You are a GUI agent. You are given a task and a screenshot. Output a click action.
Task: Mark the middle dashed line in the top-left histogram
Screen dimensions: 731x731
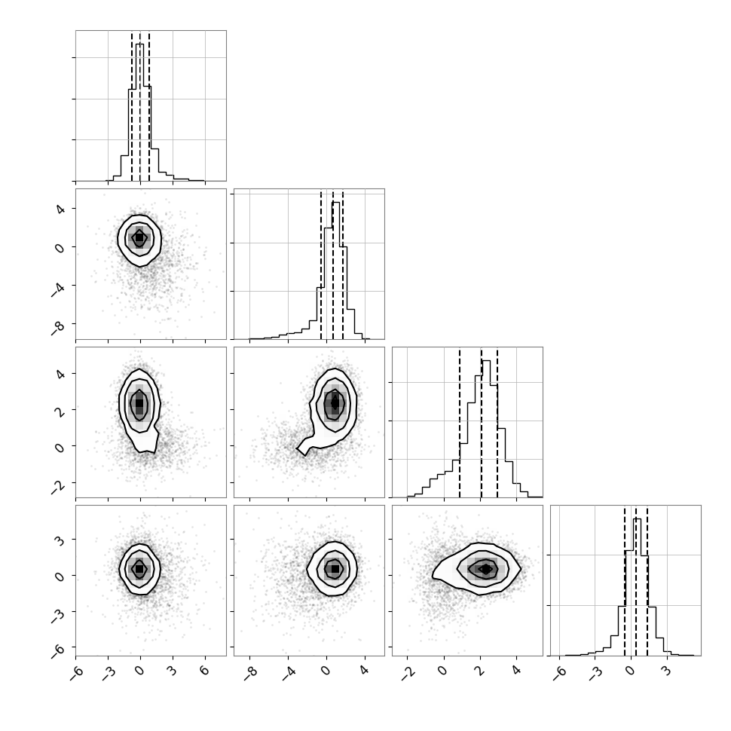pyautogui.click(x=140, y=106)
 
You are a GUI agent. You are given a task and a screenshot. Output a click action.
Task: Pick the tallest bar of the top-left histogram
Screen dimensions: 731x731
pyautogui.click(x=140, y=112)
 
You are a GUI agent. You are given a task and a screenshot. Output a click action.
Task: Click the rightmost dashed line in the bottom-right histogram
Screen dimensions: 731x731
pyautogui.click(x=647, y=581)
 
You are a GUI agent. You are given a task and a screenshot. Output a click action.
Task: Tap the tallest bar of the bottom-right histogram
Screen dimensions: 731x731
pyautogui.click(x=637, y=587)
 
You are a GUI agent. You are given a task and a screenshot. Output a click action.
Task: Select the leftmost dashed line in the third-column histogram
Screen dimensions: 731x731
pyautogui.click(x=460, y=423)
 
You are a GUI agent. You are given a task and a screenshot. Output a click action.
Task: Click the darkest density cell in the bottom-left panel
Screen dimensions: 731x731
pyautogui.click(x=139, y=569)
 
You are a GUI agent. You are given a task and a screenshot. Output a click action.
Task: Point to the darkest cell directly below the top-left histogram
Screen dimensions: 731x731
pyautogui.click(x=139, y=237)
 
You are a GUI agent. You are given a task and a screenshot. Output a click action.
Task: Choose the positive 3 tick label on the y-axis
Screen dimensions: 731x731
pyautogui.click(x=60, y=540)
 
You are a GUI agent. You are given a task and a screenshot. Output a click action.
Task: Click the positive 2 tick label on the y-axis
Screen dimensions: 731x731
pyautogui.click(x=60, y=410)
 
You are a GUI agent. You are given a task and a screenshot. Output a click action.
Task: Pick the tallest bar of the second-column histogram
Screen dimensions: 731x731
pyautogui.click(x=335, y=271)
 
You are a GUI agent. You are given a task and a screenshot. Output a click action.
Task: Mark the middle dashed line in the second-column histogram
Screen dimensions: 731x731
pyautogui.click(x=333, y=265)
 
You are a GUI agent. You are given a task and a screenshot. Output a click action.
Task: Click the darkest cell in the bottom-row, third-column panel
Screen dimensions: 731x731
pyautogui.click(x=486, y=569)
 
